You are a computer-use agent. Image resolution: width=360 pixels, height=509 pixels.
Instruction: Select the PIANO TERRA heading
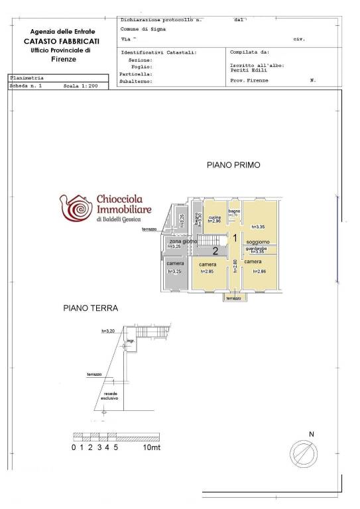tap(90, 308)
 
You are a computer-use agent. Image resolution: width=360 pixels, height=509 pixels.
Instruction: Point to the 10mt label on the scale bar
tap(151, 447)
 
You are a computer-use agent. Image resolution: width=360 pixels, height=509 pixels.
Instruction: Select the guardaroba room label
tap(256, 248)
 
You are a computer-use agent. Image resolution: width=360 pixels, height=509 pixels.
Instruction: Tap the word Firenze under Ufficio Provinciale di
tap(64, 60)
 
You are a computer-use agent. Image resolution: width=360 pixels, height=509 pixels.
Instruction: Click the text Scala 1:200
tap(80, 86)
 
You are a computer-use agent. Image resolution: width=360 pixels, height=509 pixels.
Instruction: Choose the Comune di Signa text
tap(143, 29)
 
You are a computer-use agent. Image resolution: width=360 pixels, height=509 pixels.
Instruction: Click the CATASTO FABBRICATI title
tap(64, 41)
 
